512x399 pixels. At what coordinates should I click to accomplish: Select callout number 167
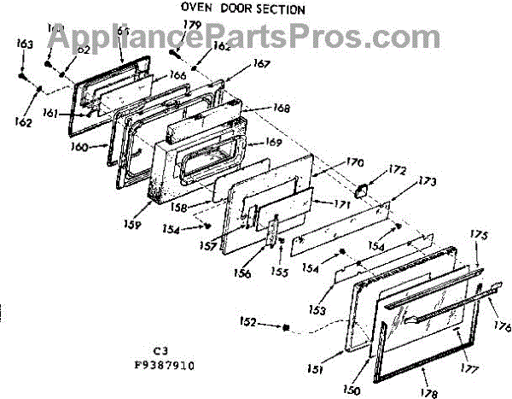261,63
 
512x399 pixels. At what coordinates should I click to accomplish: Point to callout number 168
282,109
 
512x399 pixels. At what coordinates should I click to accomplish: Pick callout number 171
333,204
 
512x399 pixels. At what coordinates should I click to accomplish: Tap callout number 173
427,183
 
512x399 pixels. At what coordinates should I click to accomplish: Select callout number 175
480,235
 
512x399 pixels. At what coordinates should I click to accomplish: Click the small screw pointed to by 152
288,327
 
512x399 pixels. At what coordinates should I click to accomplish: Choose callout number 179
192,25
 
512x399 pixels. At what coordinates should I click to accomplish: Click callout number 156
243,274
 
